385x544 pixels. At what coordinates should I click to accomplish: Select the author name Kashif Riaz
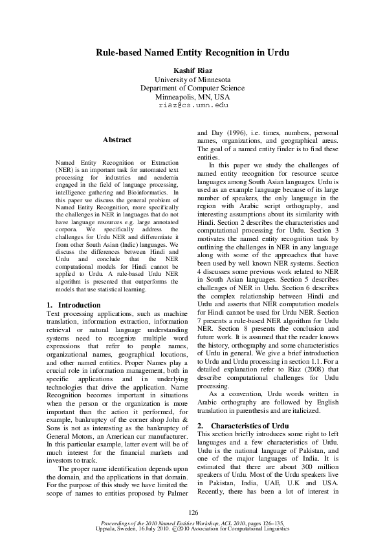point(192,70)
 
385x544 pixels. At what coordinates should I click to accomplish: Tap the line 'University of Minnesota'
point(192,79)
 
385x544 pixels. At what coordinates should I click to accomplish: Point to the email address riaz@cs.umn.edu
point(192,105)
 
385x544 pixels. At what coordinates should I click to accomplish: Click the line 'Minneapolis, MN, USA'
point(192,96)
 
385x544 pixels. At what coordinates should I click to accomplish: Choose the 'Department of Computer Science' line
point(192,88)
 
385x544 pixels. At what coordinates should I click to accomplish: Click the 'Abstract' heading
point(116,140)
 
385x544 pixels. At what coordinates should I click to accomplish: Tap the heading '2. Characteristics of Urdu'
point(243,426)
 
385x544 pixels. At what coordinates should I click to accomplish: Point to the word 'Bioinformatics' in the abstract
point(154,193)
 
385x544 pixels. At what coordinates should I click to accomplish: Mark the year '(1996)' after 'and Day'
point(239,132)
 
